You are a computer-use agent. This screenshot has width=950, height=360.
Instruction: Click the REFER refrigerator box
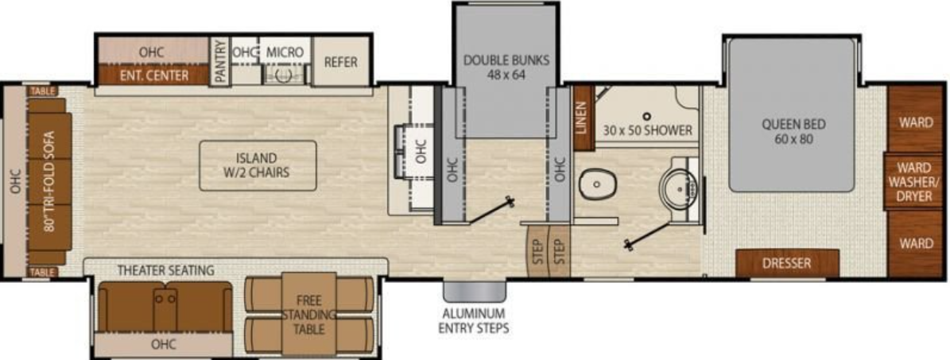(340, 62)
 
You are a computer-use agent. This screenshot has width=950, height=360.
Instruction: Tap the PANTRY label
(219, 60)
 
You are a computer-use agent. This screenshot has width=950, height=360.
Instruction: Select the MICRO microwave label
(284, 52)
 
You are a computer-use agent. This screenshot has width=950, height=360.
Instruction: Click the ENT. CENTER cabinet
(153, 76)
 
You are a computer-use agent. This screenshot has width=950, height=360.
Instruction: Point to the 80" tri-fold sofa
(49, 181)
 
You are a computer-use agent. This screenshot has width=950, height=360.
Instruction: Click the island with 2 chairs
(257, 165)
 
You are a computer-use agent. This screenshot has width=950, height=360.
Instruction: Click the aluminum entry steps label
(473, 319)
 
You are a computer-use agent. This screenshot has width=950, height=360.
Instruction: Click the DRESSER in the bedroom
(786, 263)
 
